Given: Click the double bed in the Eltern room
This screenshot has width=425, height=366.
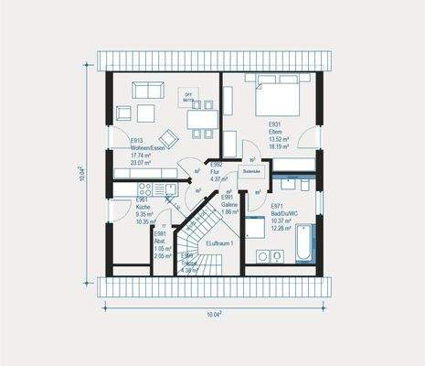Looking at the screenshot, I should click(274, 96).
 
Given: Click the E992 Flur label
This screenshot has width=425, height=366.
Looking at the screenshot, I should click(218, 173).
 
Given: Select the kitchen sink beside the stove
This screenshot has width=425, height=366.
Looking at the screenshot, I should click(147, 188).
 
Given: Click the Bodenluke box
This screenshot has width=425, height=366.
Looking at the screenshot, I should click(252, 171).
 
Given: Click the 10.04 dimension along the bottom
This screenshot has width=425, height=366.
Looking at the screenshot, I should click(212, 314).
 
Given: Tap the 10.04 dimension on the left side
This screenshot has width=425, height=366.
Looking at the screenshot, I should click(81, 174).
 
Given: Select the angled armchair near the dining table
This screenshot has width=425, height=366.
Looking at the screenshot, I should click(123, 114).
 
